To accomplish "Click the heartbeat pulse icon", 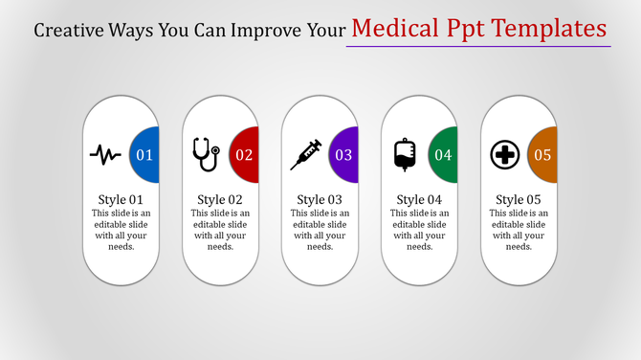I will coord(105,153).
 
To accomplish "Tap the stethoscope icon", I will coord(205,153).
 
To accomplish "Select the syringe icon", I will coord(305,153).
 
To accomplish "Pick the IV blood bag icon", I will coord(405,154).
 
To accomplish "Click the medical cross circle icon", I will coord(504,154).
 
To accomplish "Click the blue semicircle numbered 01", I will coord(144,154).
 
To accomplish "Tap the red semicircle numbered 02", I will coord(243,154).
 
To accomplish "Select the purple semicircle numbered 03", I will coord(343,154).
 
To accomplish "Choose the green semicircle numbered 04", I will coord(442,154).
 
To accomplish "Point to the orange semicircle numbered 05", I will coord(542,154).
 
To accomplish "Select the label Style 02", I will coord(220,199).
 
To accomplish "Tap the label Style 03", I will coord(320,199).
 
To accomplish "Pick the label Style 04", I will coord(419,199).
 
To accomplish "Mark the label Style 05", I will coord(519,199).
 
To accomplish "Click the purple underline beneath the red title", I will coord(477,45).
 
